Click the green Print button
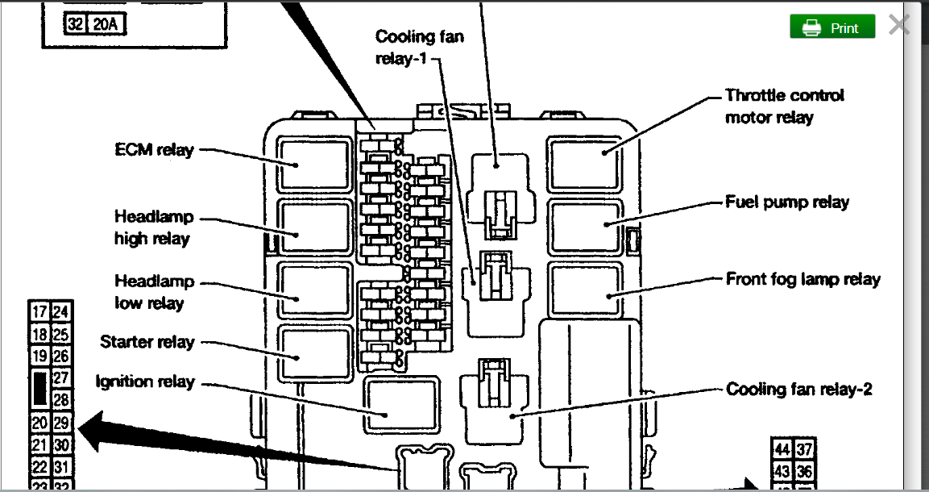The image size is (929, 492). tap(832, 27)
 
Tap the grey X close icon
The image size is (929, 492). tap(899, 25)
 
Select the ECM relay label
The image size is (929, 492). tap(154, 149)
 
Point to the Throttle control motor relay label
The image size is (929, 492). tap(784, 106)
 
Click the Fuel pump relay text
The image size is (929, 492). tap(787, 202)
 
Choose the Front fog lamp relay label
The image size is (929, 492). tap(803, 280)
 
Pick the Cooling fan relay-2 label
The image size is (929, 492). tap(799, 389)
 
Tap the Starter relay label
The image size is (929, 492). tap(147, 341)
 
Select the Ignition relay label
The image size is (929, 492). tap(145, 381)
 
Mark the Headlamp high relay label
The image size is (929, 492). tap(153, 227)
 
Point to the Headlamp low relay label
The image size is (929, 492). tap(153, 292)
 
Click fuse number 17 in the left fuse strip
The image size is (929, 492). tap(39, 312)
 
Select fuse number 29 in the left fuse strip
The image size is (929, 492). tap(61, 422)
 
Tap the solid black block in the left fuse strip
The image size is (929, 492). tap(39, 389)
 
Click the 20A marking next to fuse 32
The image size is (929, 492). tap(106, 24)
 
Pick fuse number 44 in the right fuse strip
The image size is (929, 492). tap(782, 449)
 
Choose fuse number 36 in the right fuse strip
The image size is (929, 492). tap(803, 471)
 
